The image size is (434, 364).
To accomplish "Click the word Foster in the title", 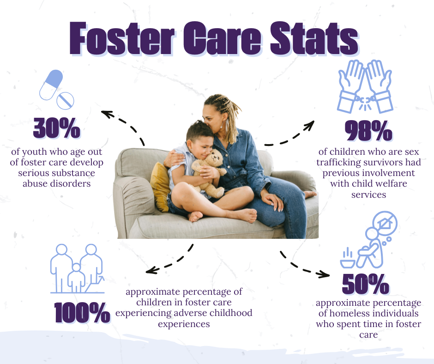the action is point(122,39).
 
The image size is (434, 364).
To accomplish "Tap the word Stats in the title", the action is point(314,39).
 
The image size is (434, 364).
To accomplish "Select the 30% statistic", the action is point(57,128).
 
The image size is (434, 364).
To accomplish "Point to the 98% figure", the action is point(368,131).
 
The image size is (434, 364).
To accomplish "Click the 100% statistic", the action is point(82,312).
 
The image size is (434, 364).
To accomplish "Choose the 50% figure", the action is point(366,284).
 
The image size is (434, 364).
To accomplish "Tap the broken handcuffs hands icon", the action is point(365,86).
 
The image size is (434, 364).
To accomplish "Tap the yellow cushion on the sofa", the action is point(161,187).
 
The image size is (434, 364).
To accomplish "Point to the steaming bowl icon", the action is point(348,259).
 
